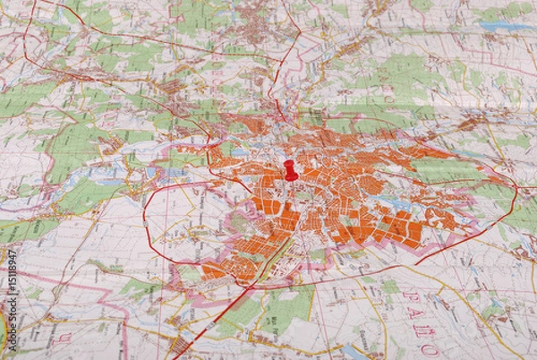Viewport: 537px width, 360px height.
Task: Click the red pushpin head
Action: (x=290, y=167)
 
